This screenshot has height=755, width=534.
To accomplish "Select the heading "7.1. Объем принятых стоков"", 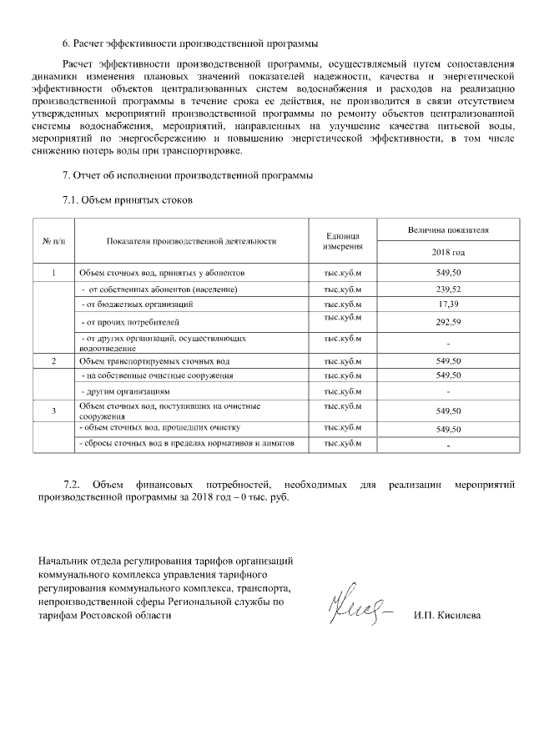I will tap(128, 200).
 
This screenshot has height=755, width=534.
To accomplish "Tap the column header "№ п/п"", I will tap(53, 241).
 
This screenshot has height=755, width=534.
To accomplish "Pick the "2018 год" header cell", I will tap(448, 252).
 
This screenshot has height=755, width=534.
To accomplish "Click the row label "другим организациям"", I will tap(126, 391).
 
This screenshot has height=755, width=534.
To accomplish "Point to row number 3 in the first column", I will tap(53, 410).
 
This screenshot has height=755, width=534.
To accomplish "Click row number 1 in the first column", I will tap(53, 273).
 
